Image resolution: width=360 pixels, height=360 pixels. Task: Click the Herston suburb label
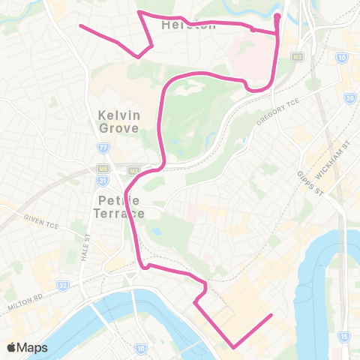pos(189,25)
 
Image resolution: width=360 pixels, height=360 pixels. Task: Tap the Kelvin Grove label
pos(118,121)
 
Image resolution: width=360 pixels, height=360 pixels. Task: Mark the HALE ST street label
pos(85,247)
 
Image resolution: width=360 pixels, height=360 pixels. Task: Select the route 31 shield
pos(103,180)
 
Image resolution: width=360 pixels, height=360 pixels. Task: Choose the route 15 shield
pos(344,337)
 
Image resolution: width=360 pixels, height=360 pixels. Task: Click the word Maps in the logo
pos(32,347)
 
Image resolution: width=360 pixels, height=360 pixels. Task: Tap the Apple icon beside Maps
pos(12,347)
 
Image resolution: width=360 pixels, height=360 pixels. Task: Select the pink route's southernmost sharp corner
pos(235,347)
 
